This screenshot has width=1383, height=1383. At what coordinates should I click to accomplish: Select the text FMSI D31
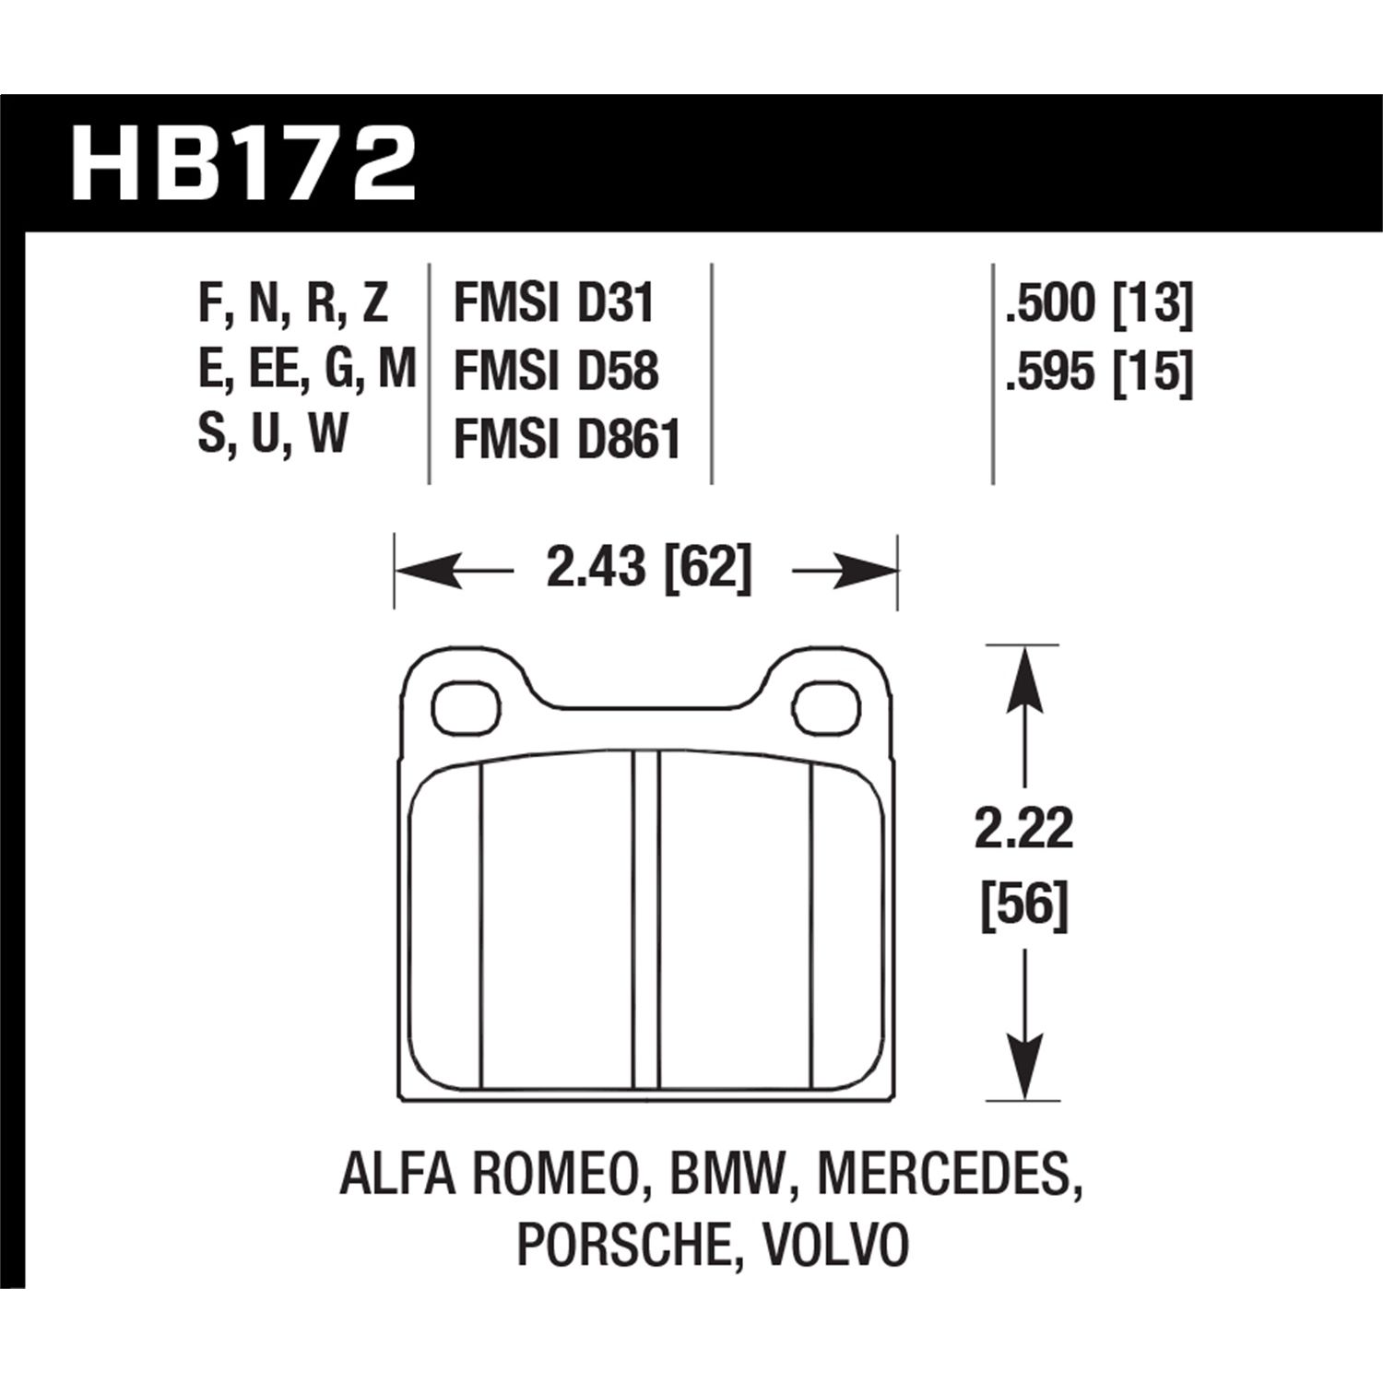point(553,303)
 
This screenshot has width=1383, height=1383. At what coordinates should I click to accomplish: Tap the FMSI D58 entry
point(556,371)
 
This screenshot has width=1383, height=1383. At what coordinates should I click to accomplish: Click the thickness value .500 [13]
point(1099,303)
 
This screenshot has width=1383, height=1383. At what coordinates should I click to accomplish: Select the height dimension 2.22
point(1024,830)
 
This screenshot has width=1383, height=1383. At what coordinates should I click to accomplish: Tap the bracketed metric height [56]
point(1024,904)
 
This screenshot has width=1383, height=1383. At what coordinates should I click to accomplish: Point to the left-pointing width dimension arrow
point(433,573)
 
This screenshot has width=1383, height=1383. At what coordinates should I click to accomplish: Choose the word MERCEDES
point(950,1176)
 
